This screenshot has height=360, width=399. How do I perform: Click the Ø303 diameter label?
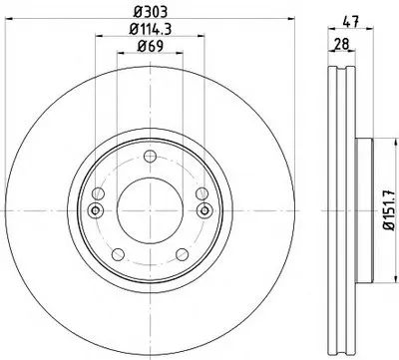click(150, 12)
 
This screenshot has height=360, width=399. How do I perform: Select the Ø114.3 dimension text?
click(150, 29)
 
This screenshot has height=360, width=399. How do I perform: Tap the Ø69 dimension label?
click(150, 46)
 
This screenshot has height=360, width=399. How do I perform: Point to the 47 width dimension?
click(351, 22)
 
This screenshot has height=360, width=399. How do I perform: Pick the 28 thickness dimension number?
click(341, 44)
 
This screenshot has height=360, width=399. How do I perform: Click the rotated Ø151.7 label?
click(388, 209)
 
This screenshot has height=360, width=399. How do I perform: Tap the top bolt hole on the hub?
click(151, 157)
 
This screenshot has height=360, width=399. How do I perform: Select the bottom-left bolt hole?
click(118, 254)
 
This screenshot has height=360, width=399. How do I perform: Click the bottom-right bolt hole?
click(182, 254)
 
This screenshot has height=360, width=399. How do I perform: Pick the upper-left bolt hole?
click(99, 192)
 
